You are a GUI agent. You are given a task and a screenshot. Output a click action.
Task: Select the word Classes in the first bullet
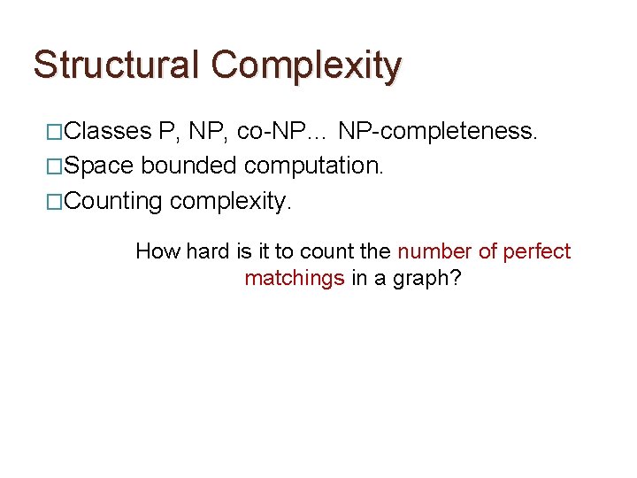click(108, 132)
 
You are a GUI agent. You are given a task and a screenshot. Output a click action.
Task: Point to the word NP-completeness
click(438, 132)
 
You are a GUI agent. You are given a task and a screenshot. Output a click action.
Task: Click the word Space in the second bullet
click(100, 166)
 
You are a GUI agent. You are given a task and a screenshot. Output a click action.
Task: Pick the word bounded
click(188, 166)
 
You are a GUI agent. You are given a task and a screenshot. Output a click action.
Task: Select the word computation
click(313, 167)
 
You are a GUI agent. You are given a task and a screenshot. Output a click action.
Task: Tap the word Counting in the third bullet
click(113, 202)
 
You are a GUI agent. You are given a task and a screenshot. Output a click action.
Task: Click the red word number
click(434, 251)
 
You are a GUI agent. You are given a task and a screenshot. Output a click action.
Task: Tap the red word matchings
click(294, 278)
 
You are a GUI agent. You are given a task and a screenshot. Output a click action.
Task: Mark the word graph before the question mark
click(421, 279)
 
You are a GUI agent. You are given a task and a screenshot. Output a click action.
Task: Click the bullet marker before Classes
click(55, 133)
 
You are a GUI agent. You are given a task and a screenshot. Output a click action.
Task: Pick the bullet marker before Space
click(55, 167)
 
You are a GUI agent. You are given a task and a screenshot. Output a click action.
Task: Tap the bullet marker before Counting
click(55, 202)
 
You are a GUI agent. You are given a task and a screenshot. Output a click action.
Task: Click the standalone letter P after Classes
click(165, 132)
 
